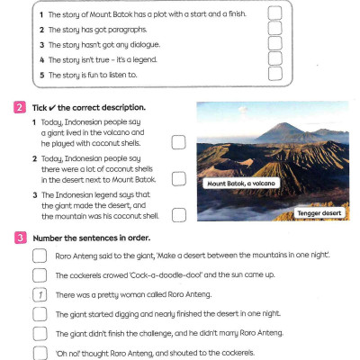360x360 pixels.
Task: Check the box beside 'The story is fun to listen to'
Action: [x=274, y=76]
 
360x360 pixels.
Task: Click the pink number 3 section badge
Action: [x=19, y=238]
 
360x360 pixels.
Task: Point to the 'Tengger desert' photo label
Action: [x=320, y=213]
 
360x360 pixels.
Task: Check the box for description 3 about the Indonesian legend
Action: [x=178, y=214]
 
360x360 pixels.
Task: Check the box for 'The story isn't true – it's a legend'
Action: [x=274, y=59]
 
